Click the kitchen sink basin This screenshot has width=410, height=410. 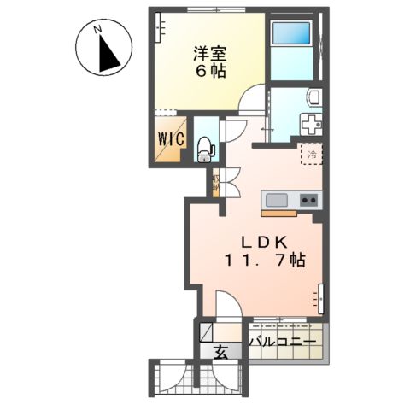click(x=276, y=200)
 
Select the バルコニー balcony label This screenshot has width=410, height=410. click(x=283, y=342)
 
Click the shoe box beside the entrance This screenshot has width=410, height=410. click(x=207, y=331)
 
